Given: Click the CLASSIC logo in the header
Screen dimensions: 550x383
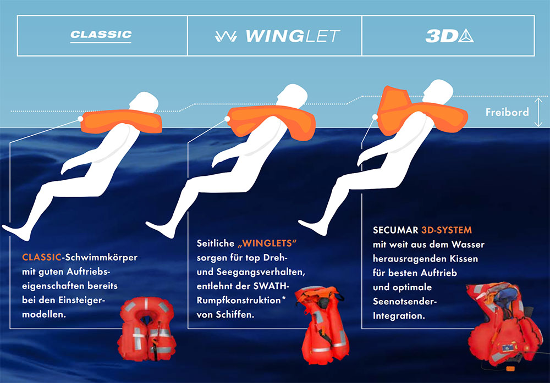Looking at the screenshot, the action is point(101,36).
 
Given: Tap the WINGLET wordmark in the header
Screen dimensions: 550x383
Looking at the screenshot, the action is point(277,36).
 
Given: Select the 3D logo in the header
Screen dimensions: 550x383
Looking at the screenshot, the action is point(449,36).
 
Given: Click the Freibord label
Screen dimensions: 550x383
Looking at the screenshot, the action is point(507,112).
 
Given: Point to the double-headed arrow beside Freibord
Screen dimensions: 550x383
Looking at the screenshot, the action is point(538,112).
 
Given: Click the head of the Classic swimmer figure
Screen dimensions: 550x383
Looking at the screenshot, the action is point(144,102).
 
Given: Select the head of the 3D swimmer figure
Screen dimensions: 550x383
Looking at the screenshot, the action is point(438,91).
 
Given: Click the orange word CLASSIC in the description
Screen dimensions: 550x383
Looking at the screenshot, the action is point(42,257).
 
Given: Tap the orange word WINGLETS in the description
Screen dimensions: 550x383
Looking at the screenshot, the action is point(267,243).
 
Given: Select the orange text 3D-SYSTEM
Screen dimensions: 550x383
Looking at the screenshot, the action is point(447,230).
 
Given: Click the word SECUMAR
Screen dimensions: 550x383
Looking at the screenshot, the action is point(395,230).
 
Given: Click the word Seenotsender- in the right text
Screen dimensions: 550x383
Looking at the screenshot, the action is point(404,301).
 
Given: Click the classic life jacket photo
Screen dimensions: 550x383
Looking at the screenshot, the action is point(147,329).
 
